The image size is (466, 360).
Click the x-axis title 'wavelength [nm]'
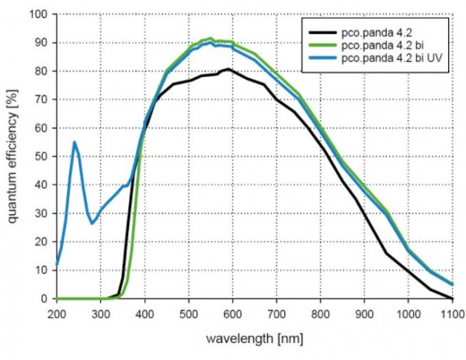(255, 338)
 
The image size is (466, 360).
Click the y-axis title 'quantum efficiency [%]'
(12, 156)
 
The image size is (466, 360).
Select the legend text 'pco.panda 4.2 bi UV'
(392, 58)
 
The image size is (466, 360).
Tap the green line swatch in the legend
(322, 46)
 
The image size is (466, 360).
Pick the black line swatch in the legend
(322, 33)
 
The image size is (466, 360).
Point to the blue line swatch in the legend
(322, 58)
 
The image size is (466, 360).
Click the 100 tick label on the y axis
(38, 14)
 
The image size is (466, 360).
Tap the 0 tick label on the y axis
(44, 299)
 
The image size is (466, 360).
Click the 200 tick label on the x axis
(57, 314)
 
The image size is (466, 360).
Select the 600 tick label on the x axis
(232, 314)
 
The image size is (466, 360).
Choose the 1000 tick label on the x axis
(409, 314)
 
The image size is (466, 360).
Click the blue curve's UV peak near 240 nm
(75, 143)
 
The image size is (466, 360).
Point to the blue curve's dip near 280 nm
(92, 223)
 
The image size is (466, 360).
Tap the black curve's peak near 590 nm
(228, 69)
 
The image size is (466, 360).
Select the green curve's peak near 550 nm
(210, 38)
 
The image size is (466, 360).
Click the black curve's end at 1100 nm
(452, 298)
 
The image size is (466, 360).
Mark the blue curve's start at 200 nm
(57, 264)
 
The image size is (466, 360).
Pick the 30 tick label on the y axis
(41, 213)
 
